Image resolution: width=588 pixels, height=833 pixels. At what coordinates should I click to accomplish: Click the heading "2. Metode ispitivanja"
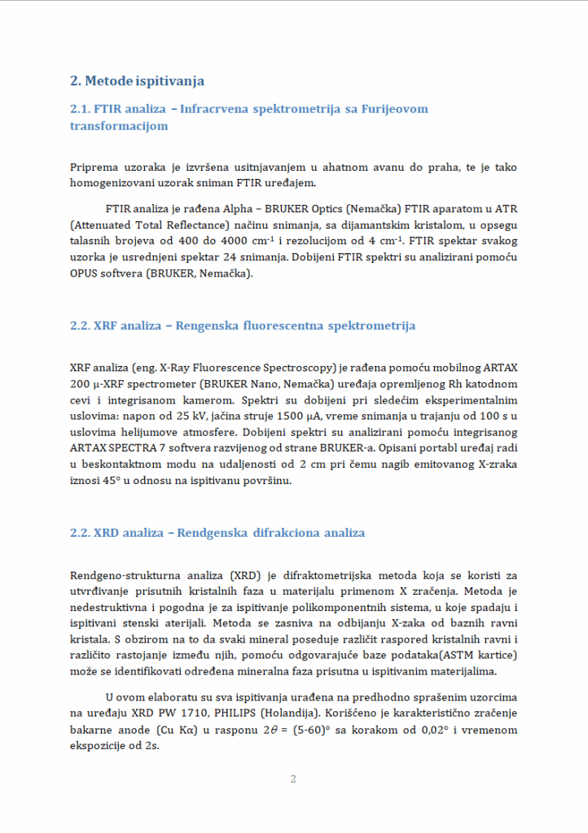[137, 81]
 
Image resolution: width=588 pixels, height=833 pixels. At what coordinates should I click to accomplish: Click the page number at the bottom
[293, 779]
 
